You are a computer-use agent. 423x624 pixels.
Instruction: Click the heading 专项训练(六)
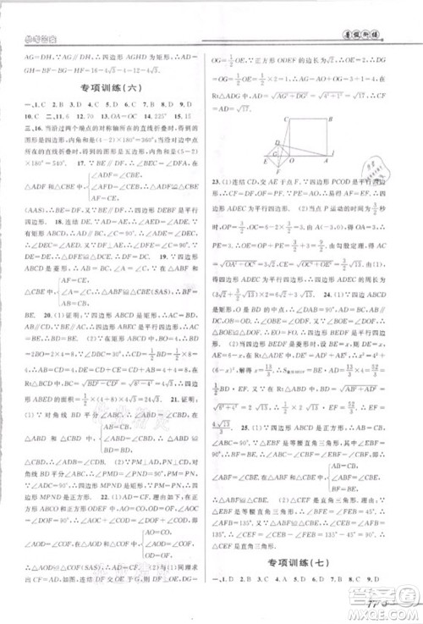(107, 87)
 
